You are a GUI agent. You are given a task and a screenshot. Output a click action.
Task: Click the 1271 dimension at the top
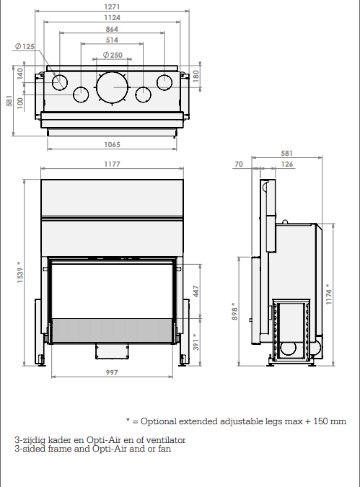click(x=112, y=6)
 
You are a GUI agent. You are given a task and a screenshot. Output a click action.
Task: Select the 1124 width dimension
click(x=112, y=18)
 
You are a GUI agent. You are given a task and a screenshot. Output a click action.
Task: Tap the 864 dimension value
click(x=112, y=29)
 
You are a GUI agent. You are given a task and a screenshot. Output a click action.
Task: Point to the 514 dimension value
click(x=112, y=40)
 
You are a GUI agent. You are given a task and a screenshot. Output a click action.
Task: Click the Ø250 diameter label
click(x=113, y=55)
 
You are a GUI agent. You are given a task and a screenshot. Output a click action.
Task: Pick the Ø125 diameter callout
click(x=25, y=47)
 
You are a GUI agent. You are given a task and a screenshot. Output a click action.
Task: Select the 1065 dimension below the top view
click(x=112, y=144)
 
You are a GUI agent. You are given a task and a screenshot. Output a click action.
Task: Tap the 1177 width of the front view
click(x=112, y=164)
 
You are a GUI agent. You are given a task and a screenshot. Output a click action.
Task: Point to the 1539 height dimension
click(x=20, y=272)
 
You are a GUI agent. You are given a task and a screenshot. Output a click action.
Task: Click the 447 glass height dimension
click(x=196, y=291)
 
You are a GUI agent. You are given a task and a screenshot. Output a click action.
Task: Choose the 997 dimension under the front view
click(x=112, y=372)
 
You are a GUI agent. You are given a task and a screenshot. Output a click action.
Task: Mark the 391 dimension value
click(x=196, y=342)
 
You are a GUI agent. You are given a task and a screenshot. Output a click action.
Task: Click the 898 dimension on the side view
click(x=234, y=312)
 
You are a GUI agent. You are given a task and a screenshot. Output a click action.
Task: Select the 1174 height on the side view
click(x=329, y=294)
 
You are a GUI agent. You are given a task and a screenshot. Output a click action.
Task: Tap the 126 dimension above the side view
click(x=287, y=164)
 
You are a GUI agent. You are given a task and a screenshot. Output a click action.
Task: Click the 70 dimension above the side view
click(x=239, y=164)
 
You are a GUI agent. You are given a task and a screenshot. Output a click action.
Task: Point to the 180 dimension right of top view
click(x=196, y=76)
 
